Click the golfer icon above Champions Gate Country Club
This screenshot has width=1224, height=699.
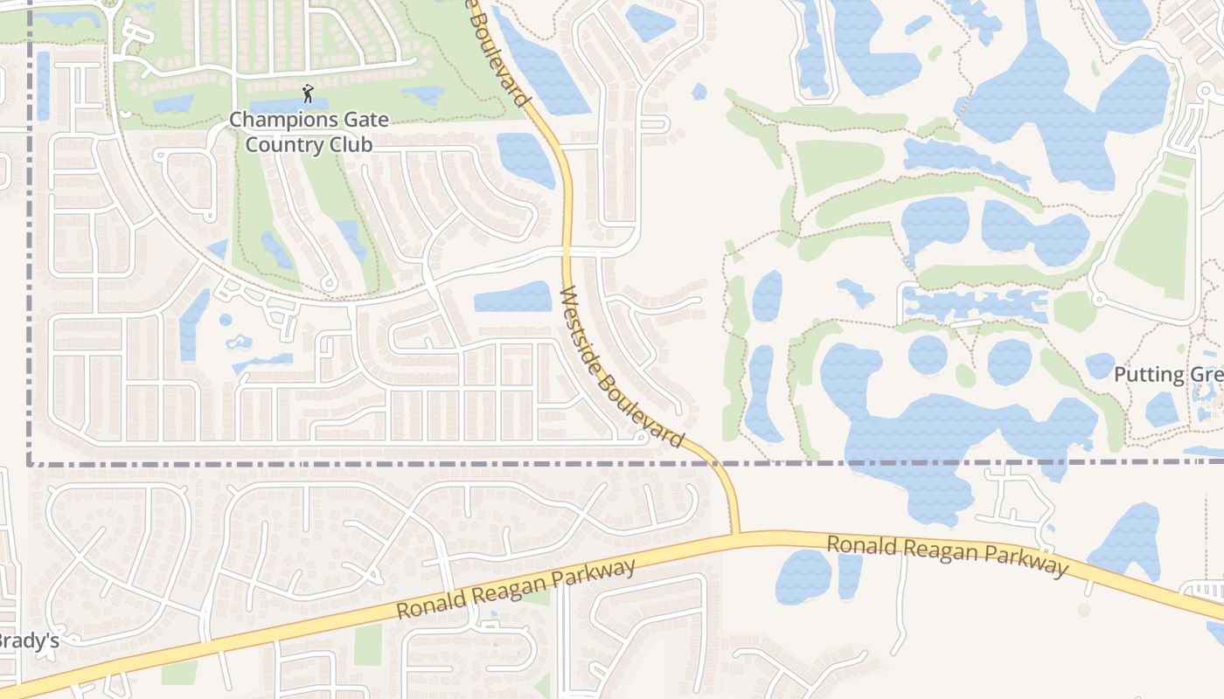coord(307,93)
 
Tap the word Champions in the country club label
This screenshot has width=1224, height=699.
coord(274,120)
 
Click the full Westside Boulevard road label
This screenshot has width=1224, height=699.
coord(621,367)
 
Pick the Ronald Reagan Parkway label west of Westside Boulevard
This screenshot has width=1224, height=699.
coord(516,591)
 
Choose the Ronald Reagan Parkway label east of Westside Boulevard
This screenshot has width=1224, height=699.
coord(948,557)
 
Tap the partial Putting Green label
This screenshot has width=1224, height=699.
coord(1168,376)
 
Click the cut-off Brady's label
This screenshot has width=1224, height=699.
coord(28,640)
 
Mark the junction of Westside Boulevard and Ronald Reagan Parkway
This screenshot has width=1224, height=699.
coord(735,532)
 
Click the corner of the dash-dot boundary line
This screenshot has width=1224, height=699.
coord(30,463)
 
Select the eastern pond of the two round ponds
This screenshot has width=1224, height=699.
coord(1009,360)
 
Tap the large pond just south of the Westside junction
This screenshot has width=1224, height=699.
coord(803,577)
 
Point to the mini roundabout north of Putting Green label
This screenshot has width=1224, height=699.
coord(1099,300)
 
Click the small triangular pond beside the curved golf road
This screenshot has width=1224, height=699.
coord(218,250)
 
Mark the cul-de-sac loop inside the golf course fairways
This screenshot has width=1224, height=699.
coord(329,283)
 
